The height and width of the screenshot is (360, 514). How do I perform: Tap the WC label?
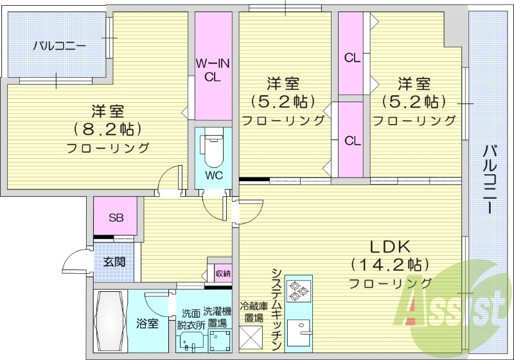tap(214, 174)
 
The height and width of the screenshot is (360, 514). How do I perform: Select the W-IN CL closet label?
tap(213, 70)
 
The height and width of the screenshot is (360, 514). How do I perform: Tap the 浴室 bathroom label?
tap(147, 323)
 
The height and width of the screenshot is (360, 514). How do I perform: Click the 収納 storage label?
tap(223, 273)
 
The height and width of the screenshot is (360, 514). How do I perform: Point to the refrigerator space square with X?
tap(251, 337)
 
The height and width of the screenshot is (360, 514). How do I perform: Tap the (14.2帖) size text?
tap(389, 264)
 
